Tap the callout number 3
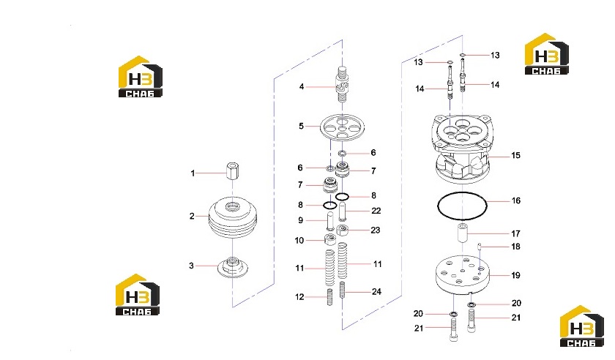click(x=191, y=266)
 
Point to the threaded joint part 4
click(x=343, y=84)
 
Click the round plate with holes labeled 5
click(x=342, y=127)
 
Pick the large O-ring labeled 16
click(x=462, y=206)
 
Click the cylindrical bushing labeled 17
click(x=463, y=233)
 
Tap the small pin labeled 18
click(x=480, y=247)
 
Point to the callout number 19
click(x=515, y=275)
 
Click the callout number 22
click(x=376, y=211)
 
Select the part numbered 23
click(x=343, y=230)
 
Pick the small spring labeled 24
click(x=343, y=290)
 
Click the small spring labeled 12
click(x=330, y=297)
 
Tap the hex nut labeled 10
click(x=330, y=239)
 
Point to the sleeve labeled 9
click(x=330, y=221)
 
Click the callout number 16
click(x=515, y=200)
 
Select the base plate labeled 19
click(x=463, y=275)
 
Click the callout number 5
click(x=301, y=127)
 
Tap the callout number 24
click(x=376, y=292)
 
